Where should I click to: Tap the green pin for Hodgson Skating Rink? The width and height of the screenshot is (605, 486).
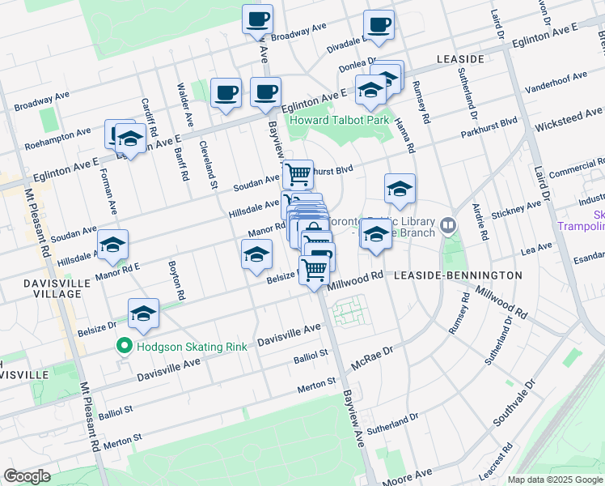tap(124, 347)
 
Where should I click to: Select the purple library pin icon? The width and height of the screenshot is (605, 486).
tap(449, 224)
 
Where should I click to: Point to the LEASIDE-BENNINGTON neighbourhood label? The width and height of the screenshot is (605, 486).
tap(458, 275)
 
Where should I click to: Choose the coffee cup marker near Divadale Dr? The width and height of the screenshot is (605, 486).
tap(379, 25)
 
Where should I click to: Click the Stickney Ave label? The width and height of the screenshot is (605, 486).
tap(517, 214)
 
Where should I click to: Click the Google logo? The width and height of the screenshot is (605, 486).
tap(27, 475)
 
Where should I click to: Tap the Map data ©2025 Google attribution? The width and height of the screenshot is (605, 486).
tap(554, 480)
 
